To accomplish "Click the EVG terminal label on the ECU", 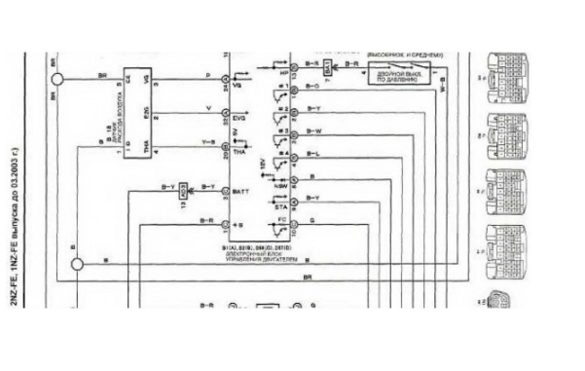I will point(239,118).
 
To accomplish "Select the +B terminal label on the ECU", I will point(238,224).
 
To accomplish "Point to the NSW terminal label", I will point(281,179).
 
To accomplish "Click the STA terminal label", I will point(281,206).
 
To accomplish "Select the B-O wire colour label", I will point(313,87).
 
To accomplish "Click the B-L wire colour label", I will point(313,154).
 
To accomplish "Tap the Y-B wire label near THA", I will point(207,142).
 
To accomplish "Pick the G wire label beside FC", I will point(311,222).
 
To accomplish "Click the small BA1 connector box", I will point(328,68).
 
